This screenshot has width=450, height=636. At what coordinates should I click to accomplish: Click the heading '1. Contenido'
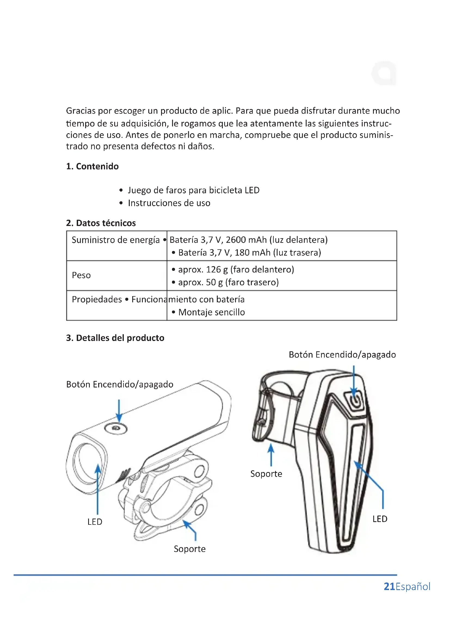(x=92, y=166)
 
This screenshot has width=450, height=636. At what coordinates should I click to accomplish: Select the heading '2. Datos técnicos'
(x=101, y=223)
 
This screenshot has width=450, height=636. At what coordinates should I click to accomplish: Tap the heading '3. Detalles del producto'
(x=115, y=338)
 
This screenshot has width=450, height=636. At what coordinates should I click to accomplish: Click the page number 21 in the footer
(x=389, y=587)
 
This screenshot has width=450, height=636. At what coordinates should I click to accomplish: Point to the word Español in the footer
(x=413, y=587)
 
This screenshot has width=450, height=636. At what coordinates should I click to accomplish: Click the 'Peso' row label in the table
(x=81, y=275)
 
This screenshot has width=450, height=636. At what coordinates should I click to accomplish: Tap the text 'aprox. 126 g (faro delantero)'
(x=236, y=269)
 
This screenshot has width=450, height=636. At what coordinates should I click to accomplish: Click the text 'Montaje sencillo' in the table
(x=211, y=312)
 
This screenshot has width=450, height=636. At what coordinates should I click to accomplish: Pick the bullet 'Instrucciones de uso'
(x=169, y=203)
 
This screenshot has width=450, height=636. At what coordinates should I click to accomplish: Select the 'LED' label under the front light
(x=95, y=522)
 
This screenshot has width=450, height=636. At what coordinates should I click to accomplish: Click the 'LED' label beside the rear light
(x=380, y=519)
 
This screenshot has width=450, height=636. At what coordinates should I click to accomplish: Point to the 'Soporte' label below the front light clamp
(x=190, y=549)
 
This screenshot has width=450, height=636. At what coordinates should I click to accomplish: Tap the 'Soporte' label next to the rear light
(x=266, y=474)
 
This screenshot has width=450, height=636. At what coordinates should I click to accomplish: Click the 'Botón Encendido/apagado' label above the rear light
(x=342, y=355)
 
